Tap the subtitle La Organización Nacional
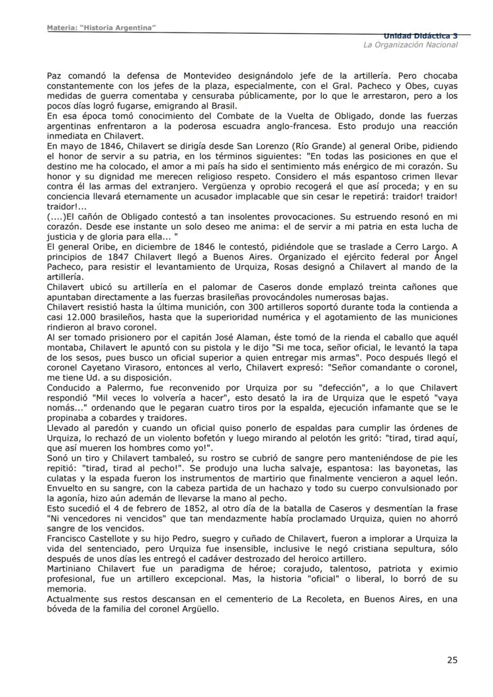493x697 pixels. tap(411, 45)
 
